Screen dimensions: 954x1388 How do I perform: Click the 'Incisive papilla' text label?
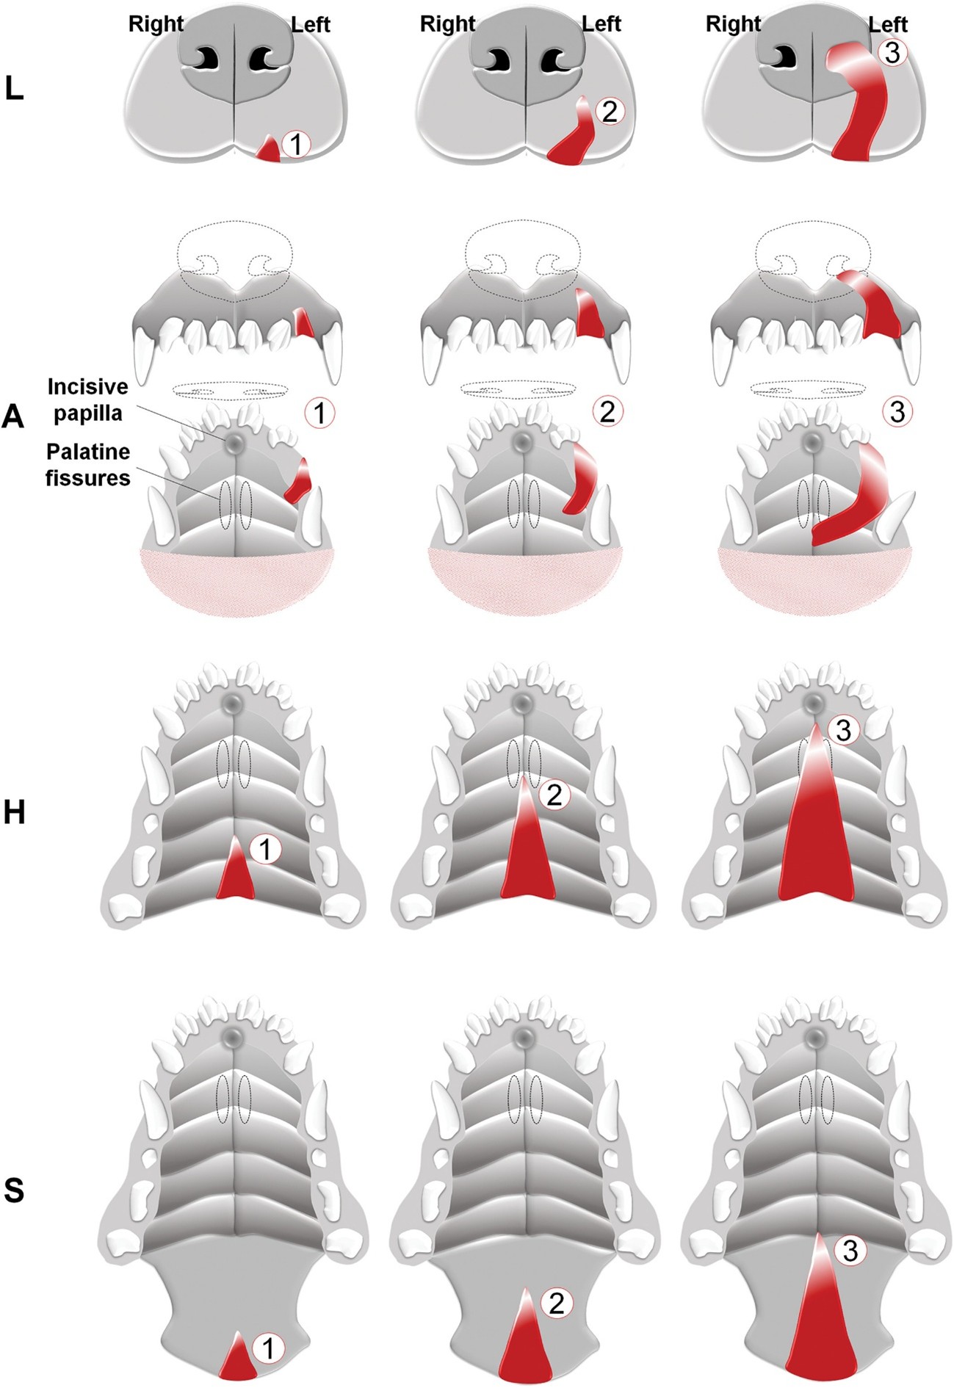point(87,400)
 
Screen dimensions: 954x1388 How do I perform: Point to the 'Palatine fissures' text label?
point(87,464)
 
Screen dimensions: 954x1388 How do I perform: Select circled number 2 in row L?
point(610,110)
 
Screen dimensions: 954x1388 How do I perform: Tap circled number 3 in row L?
point(893,51)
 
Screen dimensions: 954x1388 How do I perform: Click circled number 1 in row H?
point(266,850)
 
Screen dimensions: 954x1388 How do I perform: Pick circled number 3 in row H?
point(843,730)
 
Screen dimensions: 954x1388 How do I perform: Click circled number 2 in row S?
point(556,1303)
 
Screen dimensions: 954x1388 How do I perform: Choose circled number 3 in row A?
point(897,412)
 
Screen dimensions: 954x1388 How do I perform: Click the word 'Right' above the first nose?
point(156,24)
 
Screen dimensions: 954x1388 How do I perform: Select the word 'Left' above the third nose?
point(888,25)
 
